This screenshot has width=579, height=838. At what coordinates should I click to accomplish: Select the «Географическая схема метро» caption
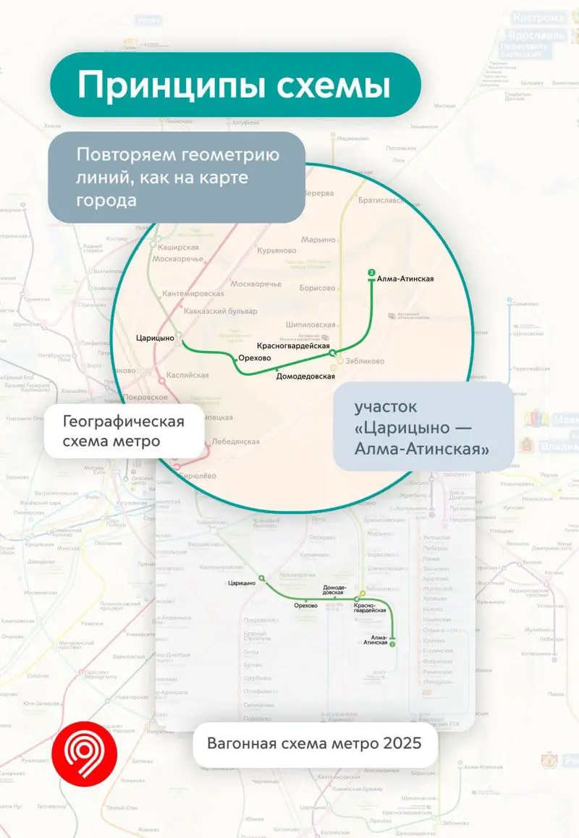(123, 431)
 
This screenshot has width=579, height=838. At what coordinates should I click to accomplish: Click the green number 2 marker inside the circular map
(371, 273)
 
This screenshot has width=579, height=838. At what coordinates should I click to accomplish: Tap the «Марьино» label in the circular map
(319, 240)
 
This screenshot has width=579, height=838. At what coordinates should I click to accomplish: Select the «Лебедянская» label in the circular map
(235, 441)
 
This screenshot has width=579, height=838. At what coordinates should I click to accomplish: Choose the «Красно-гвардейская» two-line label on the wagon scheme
(364, 607)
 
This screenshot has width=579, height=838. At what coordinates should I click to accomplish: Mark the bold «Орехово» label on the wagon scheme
(306, 606)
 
